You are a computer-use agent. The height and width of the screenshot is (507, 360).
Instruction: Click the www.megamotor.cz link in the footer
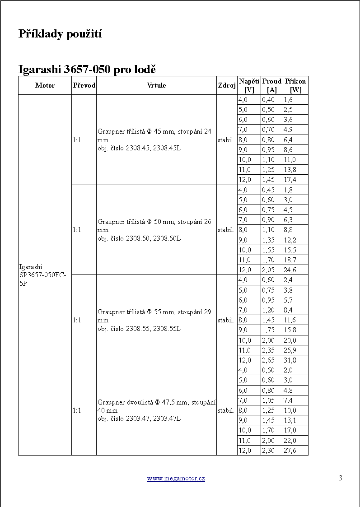176,478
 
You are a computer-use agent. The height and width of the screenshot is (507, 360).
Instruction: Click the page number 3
341,478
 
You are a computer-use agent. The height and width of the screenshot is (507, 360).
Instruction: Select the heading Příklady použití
60,34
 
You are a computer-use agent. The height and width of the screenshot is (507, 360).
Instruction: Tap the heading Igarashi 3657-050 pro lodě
87,70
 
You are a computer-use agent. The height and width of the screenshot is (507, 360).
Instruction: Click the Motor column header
45,85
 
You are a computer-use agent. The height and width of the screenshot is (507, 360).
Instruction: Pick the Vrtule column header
156,85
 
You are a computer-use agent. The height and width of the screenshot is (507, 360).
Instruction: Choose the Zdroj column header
227,85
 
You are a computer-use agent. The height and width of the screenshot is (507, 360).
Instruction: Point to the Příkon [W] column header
295,85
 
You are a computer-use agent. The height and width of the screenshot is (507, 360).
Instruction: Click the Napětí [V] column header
249,85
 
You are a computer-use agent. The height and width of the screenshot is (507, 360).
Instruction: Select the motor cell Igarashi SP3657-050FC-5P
43,275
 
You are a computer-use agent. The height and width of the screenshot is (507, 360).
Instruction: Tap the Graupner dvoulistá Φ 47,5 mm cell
156,410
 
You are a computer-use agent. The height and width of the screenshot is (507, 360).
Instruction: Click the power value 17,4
290,180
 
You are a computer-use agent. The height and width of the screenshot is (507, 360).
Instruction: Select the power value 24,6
290,270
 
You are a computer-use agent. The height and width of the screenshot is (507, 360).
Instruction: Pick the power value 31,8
290,360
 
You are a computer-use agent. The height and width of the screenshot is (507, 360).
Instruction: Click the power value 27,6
290,451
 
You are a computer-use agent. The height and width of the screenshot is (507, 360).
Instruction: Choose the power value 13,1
290,420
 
